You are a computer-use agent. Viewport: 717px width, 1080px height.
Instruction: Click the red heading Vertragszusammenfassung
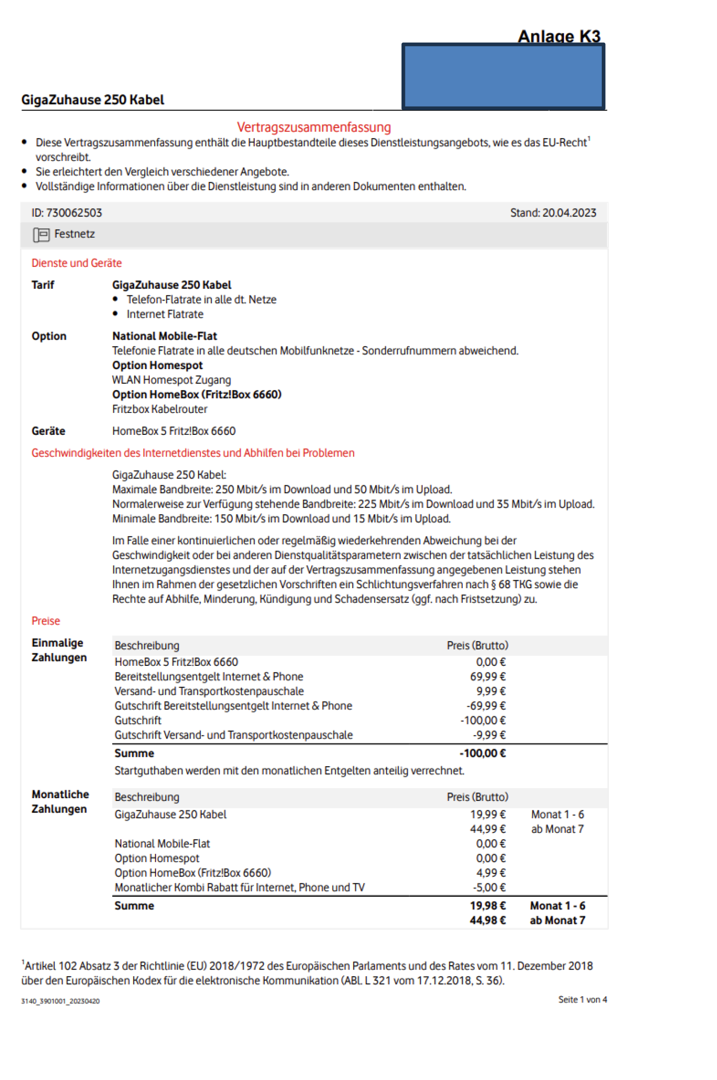pyautogui.click(x=314, y=127)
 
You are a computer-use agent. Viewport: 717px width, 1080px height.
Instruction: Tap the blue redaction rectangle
pyautogui.click(x=503, y=76)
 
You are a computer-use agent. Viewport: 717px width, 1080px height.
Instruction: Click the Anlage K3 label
pyautogui.click(x=558, y=36)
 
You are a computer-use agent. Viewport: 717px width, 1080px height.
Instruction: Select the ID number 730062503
pyautogui.click(x=74, y=213)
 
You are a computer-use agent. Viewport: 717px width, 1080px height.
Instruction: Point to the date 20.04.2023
pyautogui.click(x=569, y=213)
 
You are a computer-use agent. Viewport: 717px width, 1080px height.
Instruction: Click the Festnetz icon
pyautogui.click(x=41, y=234)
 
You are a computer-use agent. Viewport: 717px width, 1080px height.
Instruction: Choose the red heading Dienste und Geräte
pyautogui.click(x=76, y=263)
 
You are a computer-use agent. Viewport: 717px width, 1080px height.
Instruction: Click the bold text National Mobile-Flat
pyautogui.click(x=165, y=336)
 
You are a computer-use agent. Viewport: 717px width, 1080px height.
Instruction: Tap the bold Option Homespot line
pyautogui.click(x=157, y=366)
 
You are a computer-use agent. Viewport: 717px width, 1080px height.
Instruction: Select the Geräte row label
pyautogui.click(x=48, y=431)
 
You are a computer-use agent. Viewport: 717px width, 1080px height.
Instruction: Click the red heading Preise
pyautogui.click(x=46, y=621)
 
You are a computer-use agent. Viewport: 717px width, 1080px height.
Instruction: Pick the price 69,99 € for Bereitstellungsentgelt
pyautogui.click(x=487, y=676)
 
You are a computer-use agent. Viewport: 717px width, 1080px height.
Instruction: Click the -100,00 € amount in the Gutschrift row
pyautogui.click(x=483, y=720)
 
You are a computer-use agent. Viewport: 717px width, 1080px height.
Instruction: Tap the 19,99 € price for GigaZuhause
pyautogui.click(x=487, y=814)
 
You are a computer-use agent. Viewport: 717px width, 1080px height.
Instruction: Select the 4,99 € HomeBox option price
pyautogui.click(x=491, y=873)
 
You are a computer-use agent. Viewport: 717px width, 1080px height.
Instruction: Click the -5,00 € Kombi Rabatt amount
pyautogui.click(x=489, y=888)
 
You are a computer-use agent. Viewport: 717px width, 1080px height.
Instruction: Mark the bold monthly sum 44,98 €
pyautogui.click(x=487, y=920)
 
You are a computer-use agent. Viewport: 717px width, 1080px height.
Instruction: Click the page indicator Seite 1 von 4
pyautogui.click(x=582, y=999)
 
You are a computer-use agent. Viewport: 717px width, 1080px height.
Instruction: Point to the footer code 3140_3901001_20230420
pyautogui.click(x=60, y=1002)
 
